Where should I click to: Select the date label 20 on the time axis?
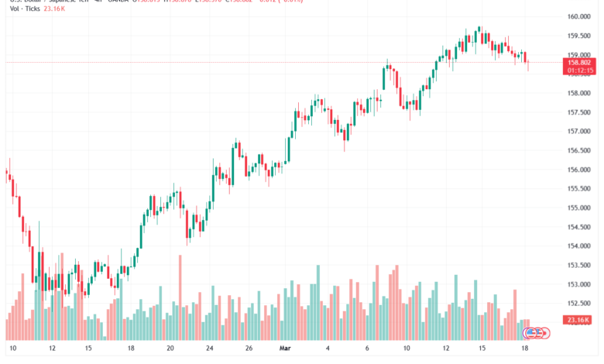(x=171, y=349)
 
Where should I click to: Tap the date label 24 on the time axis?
(x=211, y=349)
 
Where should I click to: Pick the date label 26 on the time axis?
(x=249, y=349)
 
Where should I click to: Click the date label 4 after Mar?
(x=328, y=349)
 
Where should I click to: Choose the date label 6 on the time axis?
(x=367, y=349)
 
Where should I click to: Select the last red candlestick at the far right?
(x=527, y=60)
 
